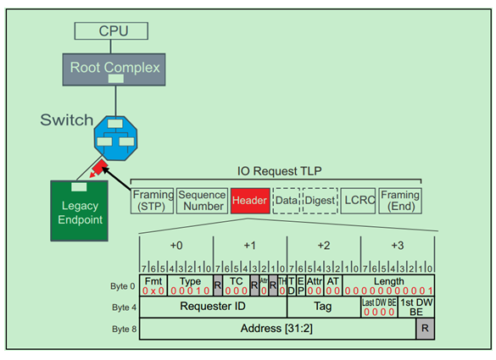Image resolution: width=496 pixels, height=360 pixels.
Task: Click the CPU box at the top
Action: pyautogui.click(x=114, y=31)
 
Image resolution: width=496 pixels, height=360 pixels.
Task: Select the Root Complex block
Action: pyautogui.click(x=114, y=67)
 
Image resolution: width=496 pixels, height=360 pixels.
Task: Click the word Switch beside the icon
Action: pyautogui.click(x=67, y=119)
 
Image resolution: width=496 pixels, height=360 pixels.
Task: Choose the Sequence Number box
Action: pyautogui.click(x=202, y=201)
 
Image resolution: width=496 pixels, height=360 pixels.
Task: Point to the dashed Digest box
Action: pyautogui.click(x=320, y=201)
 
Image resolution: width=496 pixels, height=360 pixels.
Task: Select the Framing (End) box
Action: pyautogui.click(x=400, y=201)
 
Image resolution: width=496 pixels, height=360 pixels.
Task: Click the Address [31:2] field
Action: pyautogui.click(x=277, y=329)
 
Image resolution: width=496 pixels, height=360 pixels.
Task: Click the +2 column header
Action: pyautogui.click(x=324, y=245)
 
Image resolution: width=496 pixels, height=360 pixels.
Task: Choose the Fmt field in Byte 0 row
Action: pyautogui.click(x=153, y=285)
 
